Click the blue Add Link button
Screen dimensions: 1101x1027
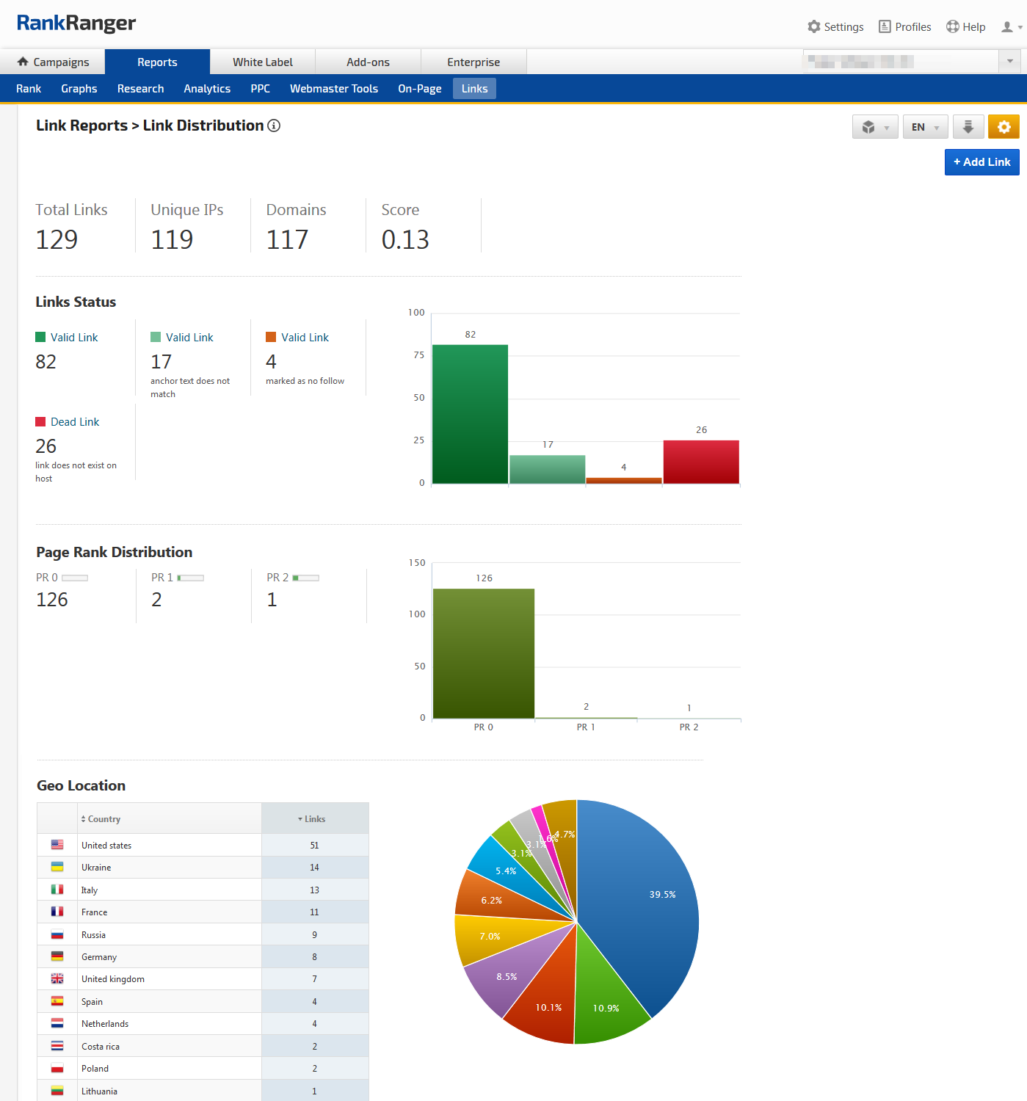[x=981, y=162]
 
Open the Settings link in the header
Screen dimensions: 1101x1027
[x=835, y=27]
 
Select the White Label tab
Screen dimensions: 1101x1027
[x=262, y=62]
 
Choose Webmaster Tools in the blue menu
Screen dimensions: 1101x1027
[x=334, y=89]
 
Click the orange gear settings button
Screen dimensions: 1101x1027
[x=1004, y=127]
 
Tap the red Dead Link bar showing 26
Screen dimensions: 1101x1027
[x=701, y=462]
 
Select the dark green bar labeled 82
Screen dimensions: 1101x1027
[x=470, y=414]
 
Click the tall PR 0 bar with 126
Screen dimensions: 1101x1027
[x=484, y=653]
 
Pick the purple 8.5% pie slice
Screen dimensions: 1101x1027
[x=499, y=980]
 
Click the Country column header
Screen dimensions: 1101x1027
[x=104, y=819]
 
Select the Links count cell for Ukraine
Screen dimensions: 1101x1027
[x=314, y=868]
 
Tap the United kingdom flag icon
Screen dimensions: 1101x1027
[x=57, y=979]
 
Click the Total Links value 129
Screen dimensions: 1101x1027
[x=57, y=240]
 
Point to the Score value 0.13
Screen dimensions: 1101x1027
[x=405, y=240]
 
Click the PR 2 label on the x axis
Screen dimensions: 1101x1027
[x=689, y=727]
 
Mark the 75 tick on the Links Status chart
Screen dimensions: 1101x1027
[x=418, y=355]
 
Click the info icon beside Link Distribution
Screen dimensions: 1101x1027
[x=274, y=126]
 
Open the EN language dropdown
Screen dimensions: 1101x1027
[x=925, y=127]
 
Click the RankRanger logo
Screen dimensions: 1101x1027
[x=76, y=23]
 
